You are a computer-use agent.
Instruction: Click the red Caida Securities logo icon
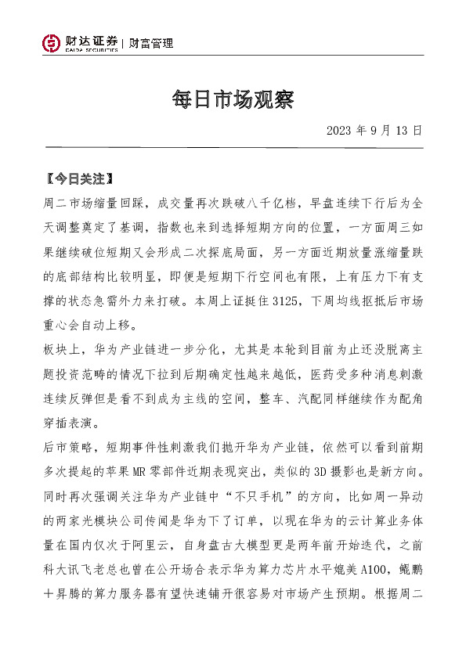51,44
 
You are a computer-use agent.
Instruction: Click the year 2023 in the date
338,130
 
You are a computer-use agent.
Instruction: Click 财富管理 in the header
151,44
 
